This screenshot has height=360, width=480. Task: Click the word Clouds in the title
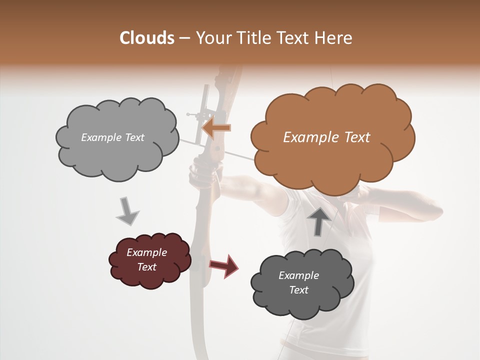146,38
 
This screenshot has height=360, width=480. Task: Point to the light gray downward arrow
127,210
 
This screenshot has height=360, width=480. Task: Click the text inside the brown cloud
326,137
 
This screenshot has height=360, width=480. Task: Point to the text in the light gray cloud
112,137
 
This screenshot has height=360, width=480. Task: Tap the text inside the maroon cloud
147,260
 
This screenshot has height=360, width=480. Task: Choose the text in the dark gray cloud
298,282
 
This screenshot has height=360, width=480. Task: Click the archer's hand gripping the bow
202,172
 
